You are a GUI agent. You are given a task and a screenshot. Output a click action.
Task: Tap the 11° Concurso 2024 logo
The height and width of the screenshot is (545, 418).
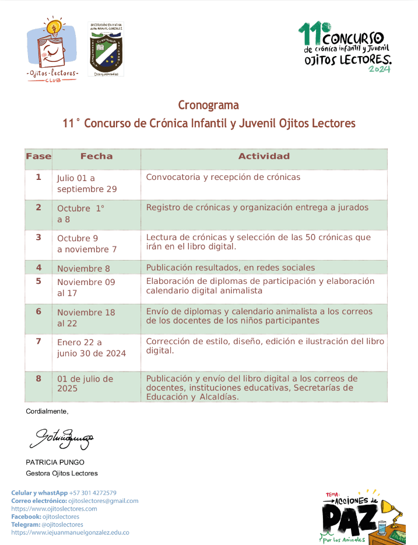click(x=345, y=47)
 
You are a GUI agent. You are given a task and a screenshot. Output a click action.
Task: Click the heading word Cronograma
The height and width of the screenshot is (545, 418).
click(x=208, y=105)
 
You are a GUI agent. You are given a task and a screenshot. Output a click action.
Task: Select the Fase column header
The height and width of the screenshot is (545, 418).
click(x=38, y=157)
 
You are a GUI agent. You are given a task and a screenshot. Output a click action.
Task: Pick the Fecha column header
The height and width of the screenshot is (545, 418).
click(x=96, y=157)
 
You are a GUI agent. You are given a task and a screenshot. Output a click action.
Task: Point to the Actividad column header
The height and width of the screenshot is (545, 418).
click(x=264, y=157)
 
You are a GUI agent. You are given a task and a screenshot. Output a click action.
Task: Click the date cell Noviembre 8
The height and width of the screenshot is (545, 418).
click(x=83, y=269)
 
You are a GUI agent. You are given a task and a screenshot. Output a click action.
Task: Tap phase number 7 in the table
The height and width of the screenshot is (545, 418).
click(x=38, y=341)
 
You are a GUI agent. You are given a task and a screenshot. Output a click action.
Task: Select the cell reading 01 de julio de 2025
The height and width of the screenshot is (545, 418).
click(x=85, y=383)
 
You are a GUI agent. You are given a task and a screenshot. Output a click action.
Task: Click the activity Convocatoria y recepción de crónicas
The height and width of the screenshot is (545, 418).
click(x=223, y=177)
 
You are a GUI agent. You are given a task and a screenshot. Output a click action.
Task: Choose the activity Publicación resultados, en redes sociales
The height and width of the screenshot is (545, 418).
click(x=230, y=268)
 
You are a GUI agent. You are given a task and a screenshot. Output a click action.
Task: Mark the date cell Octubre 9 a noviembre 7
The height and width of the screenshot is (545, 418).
click(x=87, y=244)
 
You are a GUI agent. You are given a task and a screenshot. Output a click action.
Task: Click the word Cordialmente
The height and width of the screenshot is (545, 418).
click(x=47, y=412)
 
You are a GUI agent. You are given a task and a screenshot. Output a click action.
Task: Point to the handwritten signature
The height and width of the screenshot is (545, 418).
click(x=61, y=436)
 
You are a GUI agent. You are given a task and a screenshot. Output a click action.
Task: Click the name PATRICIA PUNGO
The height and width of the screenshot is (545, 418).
click(x=54, y=462)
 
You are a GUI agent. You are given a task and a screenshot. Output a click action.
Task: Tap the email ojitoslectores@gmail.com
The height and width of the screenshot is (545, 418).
click(x=103, y=501)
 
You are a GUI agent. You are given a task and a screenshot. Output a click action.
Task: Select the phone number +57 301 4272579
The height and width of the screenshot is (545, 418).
click(x=93, y=493)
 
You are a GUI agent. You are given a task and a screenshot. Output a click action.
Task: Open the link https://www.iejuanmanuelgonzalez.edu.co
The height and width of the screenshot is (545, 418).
click(x=70, y=533)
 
